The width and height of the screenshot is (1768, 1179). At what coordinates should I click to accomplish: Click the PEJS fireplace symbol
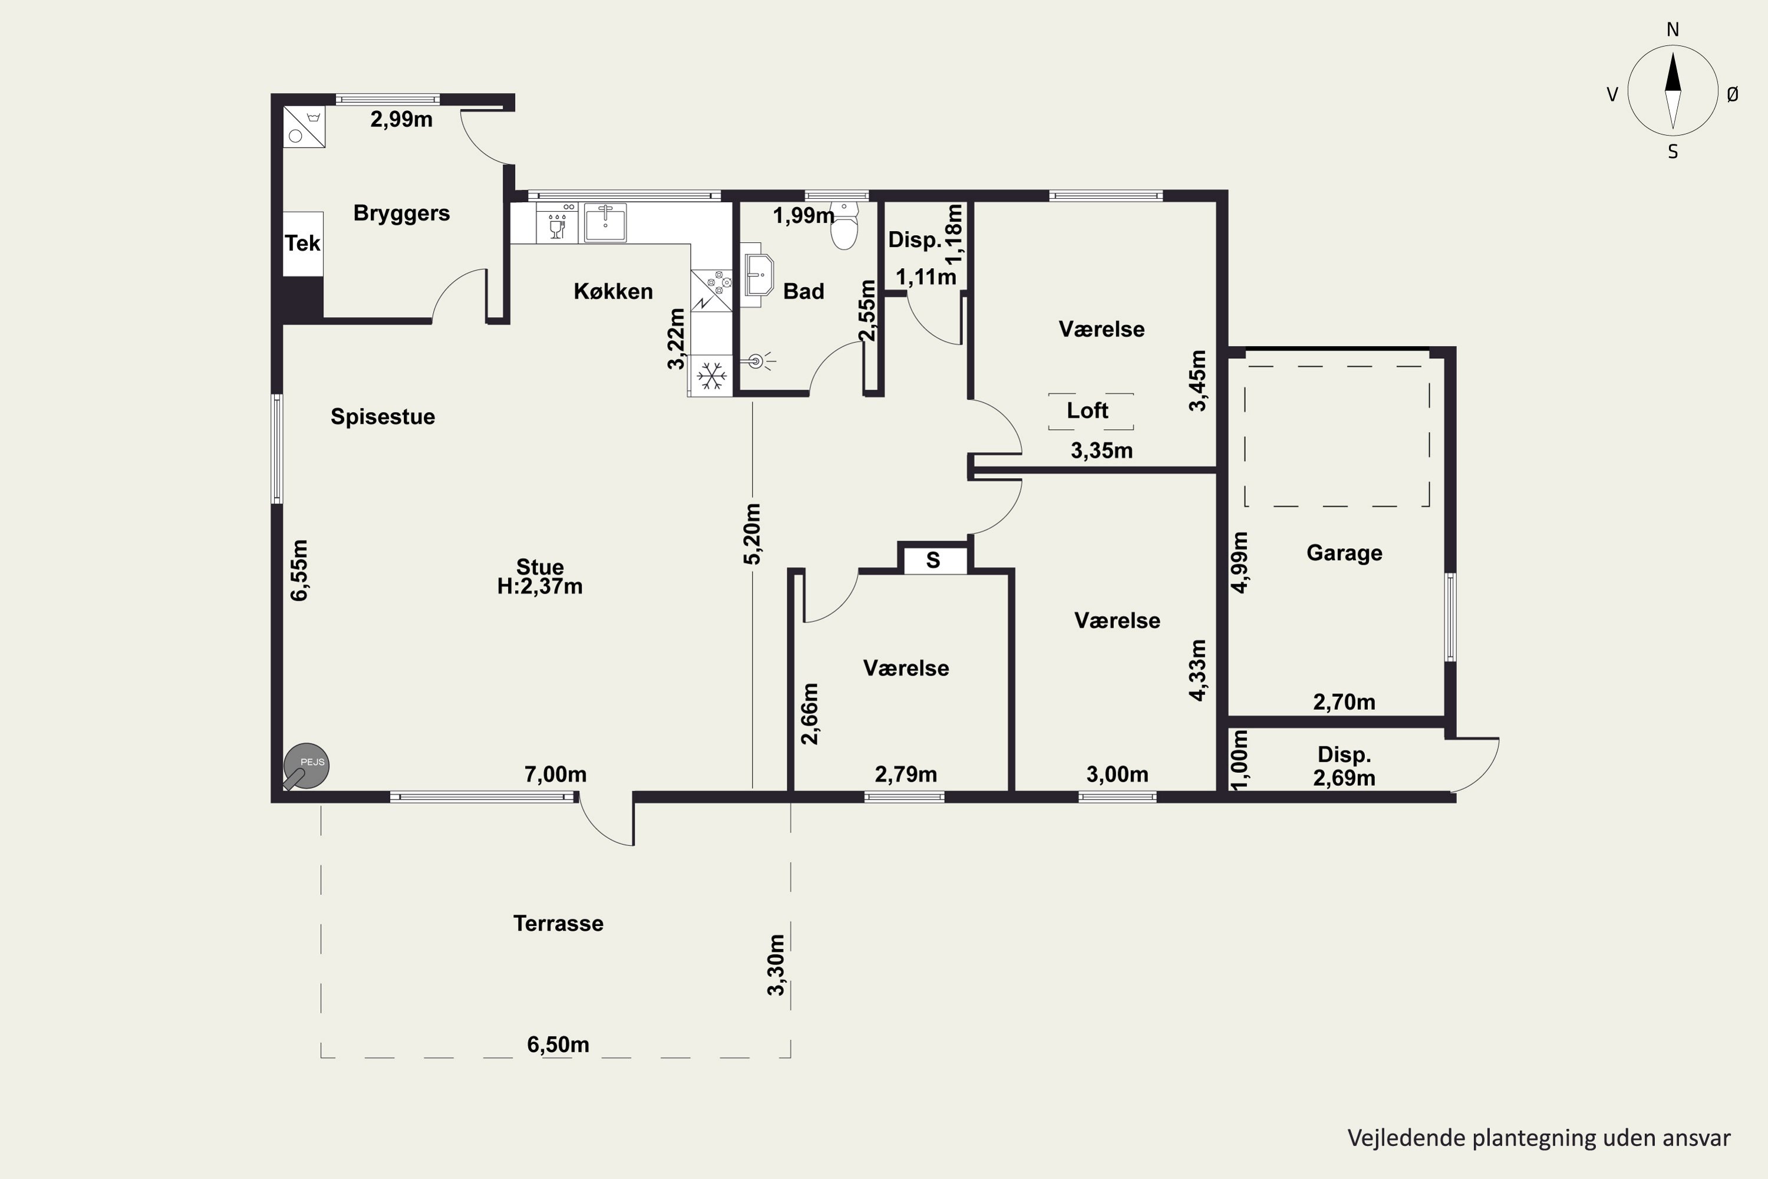306,767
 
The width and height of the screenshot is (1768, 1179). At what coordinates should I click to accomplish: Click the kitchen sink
605,223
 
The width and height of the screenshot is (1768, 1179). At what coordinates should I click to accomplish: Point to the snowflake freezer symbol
711,375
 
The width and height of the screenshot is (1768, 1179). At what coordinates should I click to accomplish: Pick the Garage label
1344,553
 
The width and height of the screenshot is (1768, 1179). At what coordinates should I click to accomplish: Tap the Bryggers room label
401,213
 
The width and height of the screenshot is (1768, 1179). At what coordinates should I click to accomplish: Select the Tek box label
303,243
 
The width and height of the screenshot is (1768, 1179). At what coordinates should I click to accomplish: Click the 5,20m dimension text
753,534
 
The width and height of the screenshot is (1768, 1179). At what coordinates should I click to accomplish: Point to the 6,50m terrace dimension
558,1045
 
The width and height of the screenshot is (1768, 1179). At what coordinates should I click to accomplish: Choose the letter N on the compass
1673,30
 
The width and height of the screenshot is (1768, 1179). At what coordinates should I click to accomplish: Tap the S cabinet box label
933,560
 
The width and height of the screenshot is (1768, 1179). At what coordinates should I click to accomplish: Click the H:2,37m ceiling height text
540,587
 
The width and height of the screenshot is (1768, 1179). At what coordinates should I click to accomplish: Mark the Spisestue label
382,417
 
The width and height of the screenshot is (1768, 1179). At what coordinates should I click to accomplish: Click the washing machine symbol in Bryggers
304,126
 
